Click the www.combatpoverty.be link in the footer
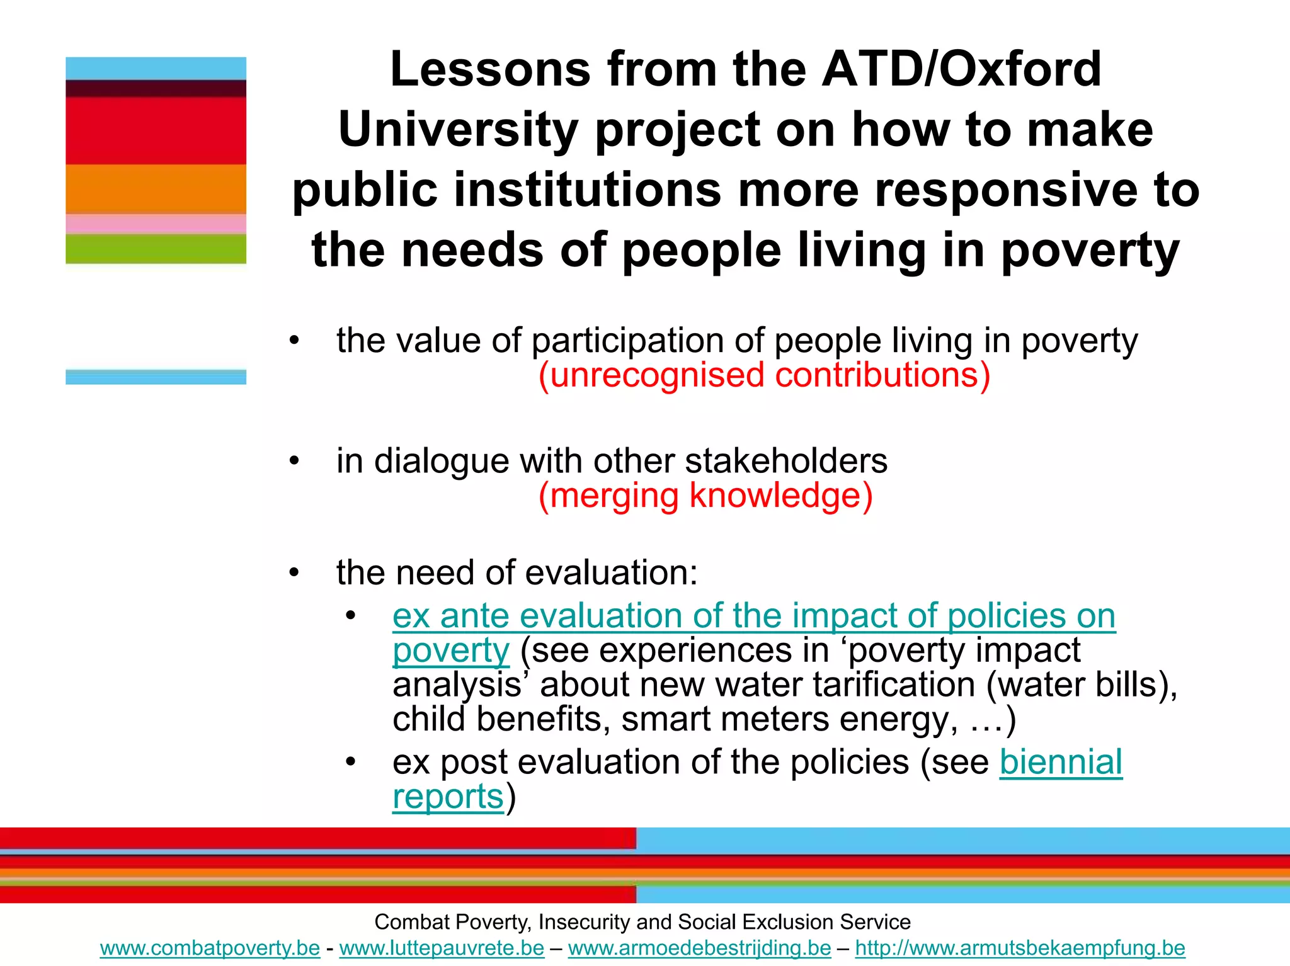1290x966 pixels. click(210, 948)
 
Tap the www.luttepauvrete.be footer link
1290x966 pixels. click(442, 948)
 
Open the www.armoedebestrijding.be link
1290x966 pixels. click(699, 948)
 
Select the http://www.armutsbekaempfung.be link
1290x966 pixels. click(1020, 948)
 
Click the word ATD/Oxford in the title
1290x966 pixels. click(962, 69)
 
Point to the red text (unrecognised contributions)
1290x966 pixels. click(764, 375)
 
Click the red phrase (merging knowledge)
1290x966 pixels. click(705, 496)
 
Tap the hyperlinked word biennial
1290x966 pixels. click(1061, 763)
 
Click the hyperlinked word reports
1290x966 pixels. click(448, 797)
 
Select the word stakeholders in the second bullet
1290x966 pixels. click(786, 461)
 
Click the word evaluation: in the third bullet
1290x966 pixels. click(611, 573)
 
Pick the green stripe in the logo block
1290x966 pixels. click(156, 249)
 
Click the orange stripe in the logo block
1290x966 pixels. click(156, 189)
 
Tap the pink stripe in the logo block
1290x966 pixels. click(156, 224)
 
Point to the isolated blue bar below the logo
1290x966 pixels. click(156, 377)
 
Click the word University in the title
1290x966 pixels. click(458, 130)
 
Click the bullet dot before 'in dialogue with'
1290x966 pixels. click(294, 462)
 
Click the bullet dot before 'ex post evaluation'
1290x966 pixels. click(351, 763)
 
